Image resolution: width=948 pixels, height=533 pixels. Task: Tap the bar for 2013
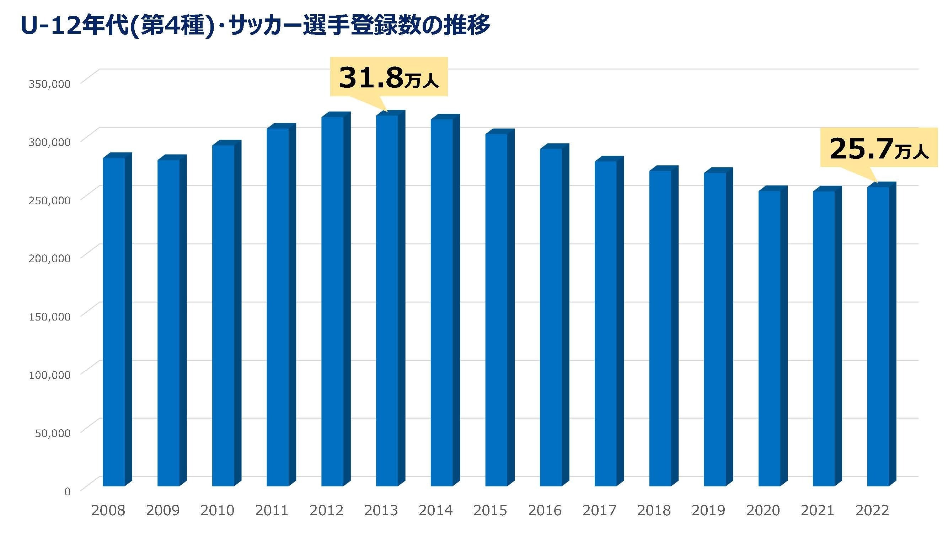tap(387, 300)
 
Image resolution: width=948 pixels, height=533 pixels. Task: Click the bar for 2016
tap(551, 316)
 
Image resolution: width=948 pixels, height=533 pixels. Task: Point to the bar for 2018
tap(660, 327)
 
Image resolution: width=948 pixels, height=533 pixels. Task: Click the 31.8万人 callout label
tap(389, 77)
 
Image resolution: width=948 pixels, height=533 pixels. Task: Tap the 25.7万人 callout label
tap(879, 148)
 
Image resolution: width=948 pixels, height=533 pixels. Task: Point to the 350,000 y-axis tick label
tap(49, 84)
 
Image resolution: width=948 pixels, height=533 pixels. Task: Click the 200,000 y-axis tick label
tap(49, 258)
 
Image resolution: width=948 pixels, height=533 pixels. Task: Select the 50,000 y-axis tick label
tap(53, 433)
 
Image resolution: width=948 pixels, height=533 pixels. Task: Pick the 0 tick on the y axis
tap(67, 491)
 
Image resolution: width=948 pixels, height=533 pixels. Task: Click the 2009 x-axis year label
tap(163, 511)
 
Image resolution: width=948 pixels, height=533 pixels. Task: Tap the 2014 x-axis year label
tap(436, 511)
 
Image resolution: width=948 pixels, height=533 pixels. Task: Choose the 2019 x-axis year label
tap(708, 511)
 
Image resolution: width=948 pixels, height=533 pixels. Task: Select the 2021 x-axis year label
tap(818, 511)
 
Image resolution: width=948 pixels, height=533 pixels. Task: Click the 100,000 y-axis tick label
tap(49, 375)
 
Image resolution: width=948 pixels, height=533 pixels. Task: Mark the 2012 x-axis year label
tap(326, 511)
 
